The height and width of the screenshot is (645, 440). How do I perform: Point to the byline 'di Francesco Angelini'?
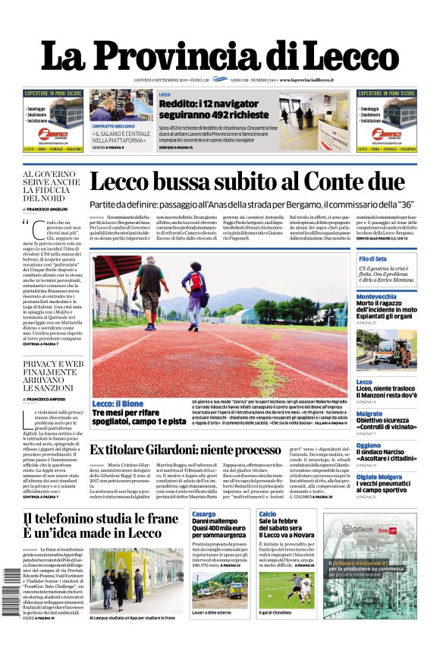pyautogui.click(x=46, y=209)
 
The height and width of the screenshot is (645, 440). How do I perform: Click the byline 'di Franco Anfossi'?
pyautogui.click(x=45, y=399)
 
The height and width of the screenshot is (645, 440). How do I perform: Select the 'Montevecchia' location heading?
pyautogui.click(x=377, y=296)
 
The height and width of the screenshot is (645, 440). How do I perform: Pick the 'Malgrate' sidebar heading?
pyautogui.click(x=369, y=414)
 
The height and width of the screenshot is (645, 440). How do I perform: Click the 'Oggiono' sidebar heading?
pyautogui.click(x=369, y=445)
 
